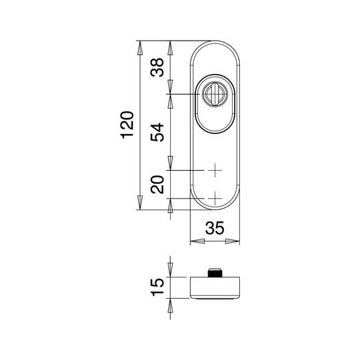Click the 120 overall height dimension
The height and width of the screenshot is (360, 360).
tap(127, 125)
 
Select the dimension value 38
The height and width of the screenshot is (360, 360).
tap(157, 67)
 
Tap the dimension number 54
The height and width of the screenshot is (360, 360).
tap(157, 132)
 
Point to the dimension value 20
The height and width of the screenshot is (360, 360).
tap(157, 185)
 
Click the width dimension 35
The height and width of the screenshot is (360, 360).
tap(215, 228)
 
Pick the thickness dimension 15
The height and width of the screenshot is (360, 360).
tap(157, 287)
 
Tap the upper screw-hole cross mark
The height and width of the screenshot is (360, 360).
tap(215, 170)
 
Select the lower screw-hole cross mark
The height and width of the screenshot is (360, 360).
tap(215, 198)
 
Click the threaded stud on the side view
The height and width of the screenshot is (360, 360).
tap(215, 272)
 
